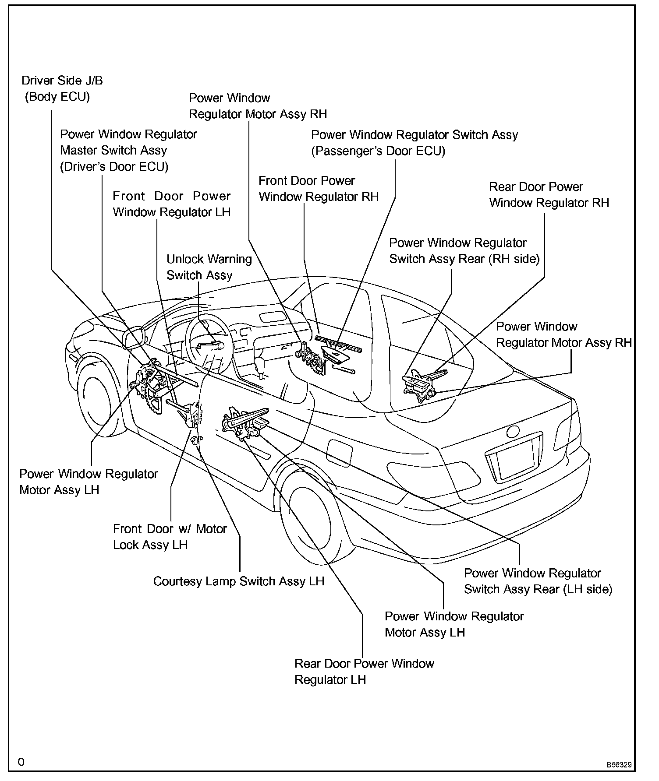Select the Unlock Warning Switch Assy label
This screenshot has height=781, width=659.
pos(209,267)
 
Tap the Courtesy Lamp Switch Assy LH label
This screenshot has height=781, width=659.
pos(238,581)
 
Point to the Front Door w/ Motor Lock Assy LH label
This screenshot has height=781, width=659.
pos(170,537)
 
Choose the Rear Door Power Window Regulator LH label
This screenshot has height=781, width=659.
pos(364,672)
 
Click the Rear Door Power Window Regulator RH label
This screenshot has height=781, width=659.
pos(549,195)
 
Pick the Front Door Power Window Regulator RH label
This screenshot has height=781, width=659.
pos(318,189)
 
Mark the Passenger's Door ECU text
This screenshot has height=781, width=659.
pos(378,151)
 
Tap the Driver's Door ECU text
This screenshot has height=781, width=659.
pos(114,167)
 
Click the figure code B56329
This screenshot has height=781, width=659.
pos(619,765)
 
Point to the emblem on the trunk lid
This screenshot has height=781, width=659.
pos(513,431)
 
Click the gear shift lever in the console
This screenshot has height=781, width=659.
pos(261,366)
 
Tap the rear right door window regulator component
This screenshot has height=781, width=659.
pos(423,383)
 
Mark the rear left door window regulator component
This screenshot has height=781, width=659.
pos(245,422)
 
